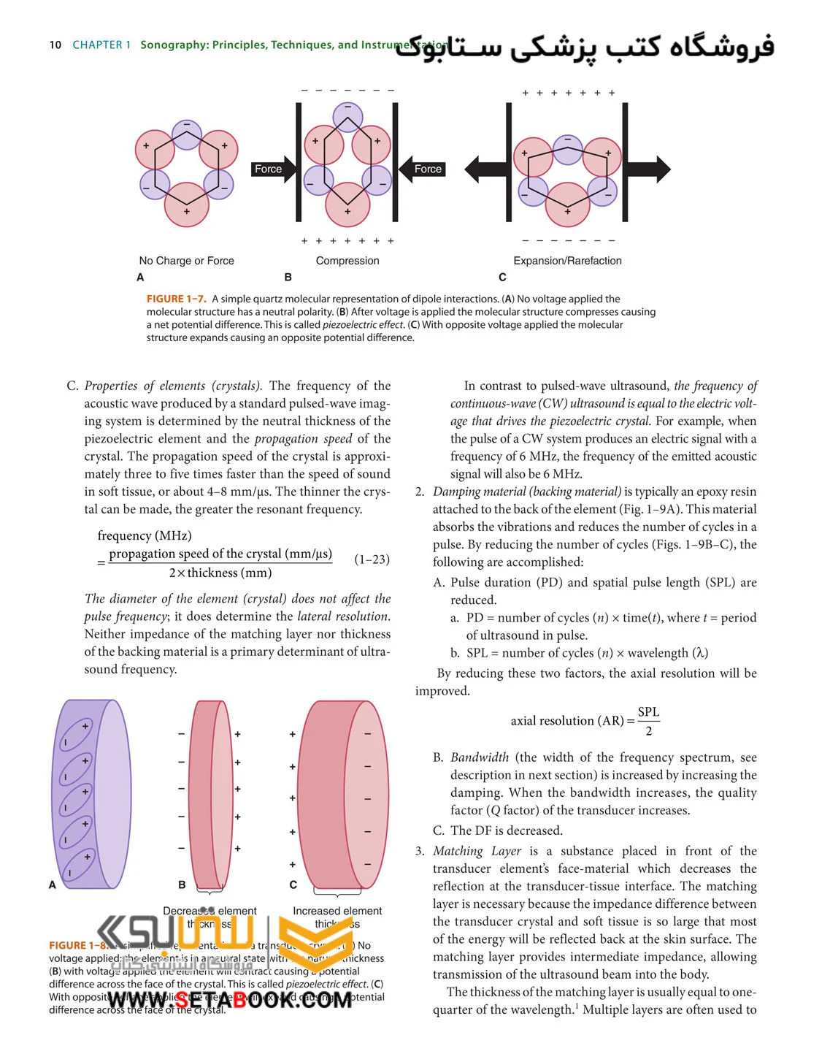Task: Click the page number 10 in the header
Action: tap(55, 45)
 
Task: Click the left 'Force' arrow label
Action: tap(268, 169)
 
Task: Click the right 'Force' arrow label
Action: tap(428, 169)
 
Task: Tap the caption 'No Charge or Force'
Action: tap(187, 261)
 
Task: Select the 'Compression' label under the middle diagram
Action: tap(347, 261)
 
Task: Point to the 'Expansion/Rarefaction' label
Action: tap(567, 261)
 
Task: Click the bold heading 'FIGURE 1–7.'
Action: tap(177, 299)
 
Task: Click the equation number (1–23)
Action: tap(372, 559)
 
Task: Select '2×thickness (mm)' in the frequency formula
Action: tap(220, 573)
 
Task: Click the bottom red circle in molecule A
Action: tap(187, 205)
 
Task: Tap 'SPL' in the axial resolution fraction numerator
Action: tap(648, 712)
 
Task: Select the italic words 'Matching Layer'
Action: tap(477, 851)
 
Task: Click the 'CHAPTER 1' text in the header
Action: tap(101, 45)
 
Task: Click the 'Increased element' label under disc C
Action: tap(337, 911)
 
